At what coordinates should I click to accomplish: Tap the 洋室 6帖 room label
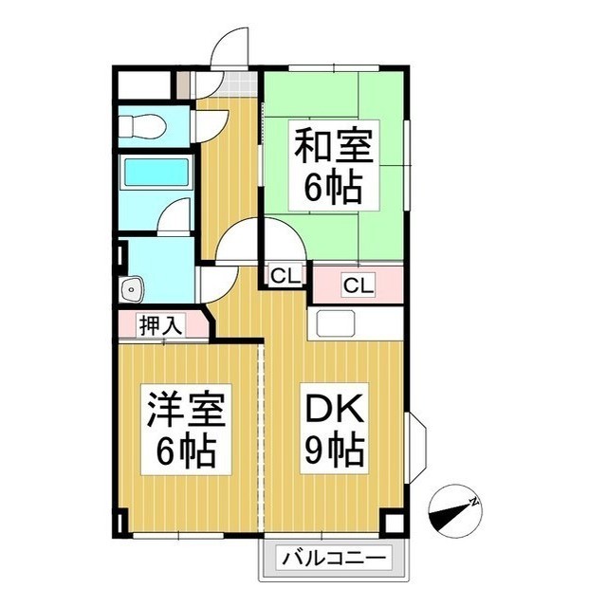186,430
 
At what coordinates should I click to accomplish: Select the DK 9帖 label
335,429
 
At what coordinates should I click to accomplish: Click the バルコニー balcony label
334,559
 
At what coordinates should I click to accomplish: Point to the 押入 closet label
160,325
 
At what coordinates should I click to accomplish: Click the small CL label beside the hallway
285,276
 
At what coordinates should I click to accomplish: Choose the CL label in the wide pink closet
359,285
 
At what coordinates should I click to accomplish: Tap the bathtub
156,173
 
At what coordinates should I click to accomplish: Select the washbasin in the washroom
132,288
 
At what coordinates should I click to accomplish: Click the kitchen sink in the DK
335,323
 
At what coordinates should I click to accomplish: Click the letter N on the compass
473,502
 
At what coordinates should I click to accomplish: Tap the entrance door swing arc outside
229,47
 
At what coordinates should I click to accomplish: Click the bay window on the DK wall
415,448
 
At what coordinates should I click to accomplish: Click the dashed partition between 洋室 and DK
261,438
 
